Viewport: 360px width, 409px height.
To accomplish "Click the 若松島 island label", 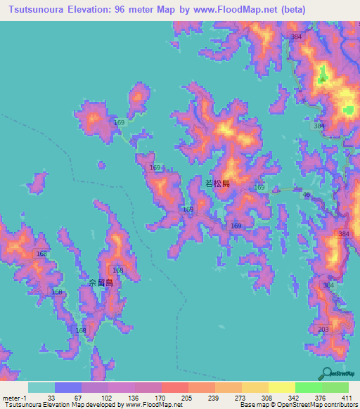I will [217, 183].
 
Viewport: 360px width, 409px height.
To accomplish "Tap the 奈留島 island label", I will [101, 282].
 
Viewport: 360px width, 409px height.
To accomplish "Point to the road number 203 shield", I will [323, 330].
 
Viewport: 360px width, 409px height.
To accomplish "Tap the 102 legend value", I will [106, 398].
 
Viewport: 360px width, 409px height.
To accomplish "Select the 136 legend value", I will [133, 398].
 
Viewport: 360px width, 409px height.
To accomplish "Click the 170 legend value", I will [160, 398].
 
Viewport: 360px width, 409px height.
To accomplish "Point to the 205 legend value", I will [186, 398].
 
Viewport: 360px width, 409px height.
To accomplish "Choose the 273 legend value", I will [240, 398].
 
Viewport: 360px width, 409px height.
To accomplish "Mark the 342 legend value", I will [293, 398].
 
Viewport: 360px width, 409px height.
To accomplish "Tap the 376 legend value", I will [320, 398].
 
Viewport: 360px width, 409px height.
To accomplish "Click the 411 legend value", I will [346, 398].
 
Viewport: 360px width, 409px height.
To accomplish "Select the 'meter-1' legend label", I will [14, 398].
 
